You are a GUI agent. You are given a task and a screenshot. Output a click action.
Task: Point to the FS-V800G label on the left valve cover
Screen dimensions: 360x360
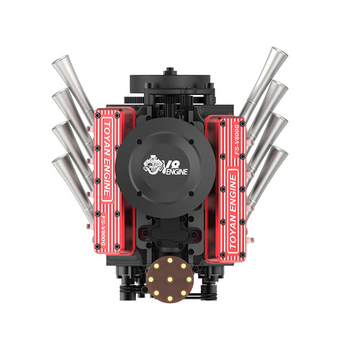pyautogui.click(x=105, y=229)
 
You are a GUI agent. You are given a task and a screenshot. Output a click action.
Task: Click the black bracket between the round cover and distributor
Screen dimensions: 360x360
pyautogui.click(x=170, y=234)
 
